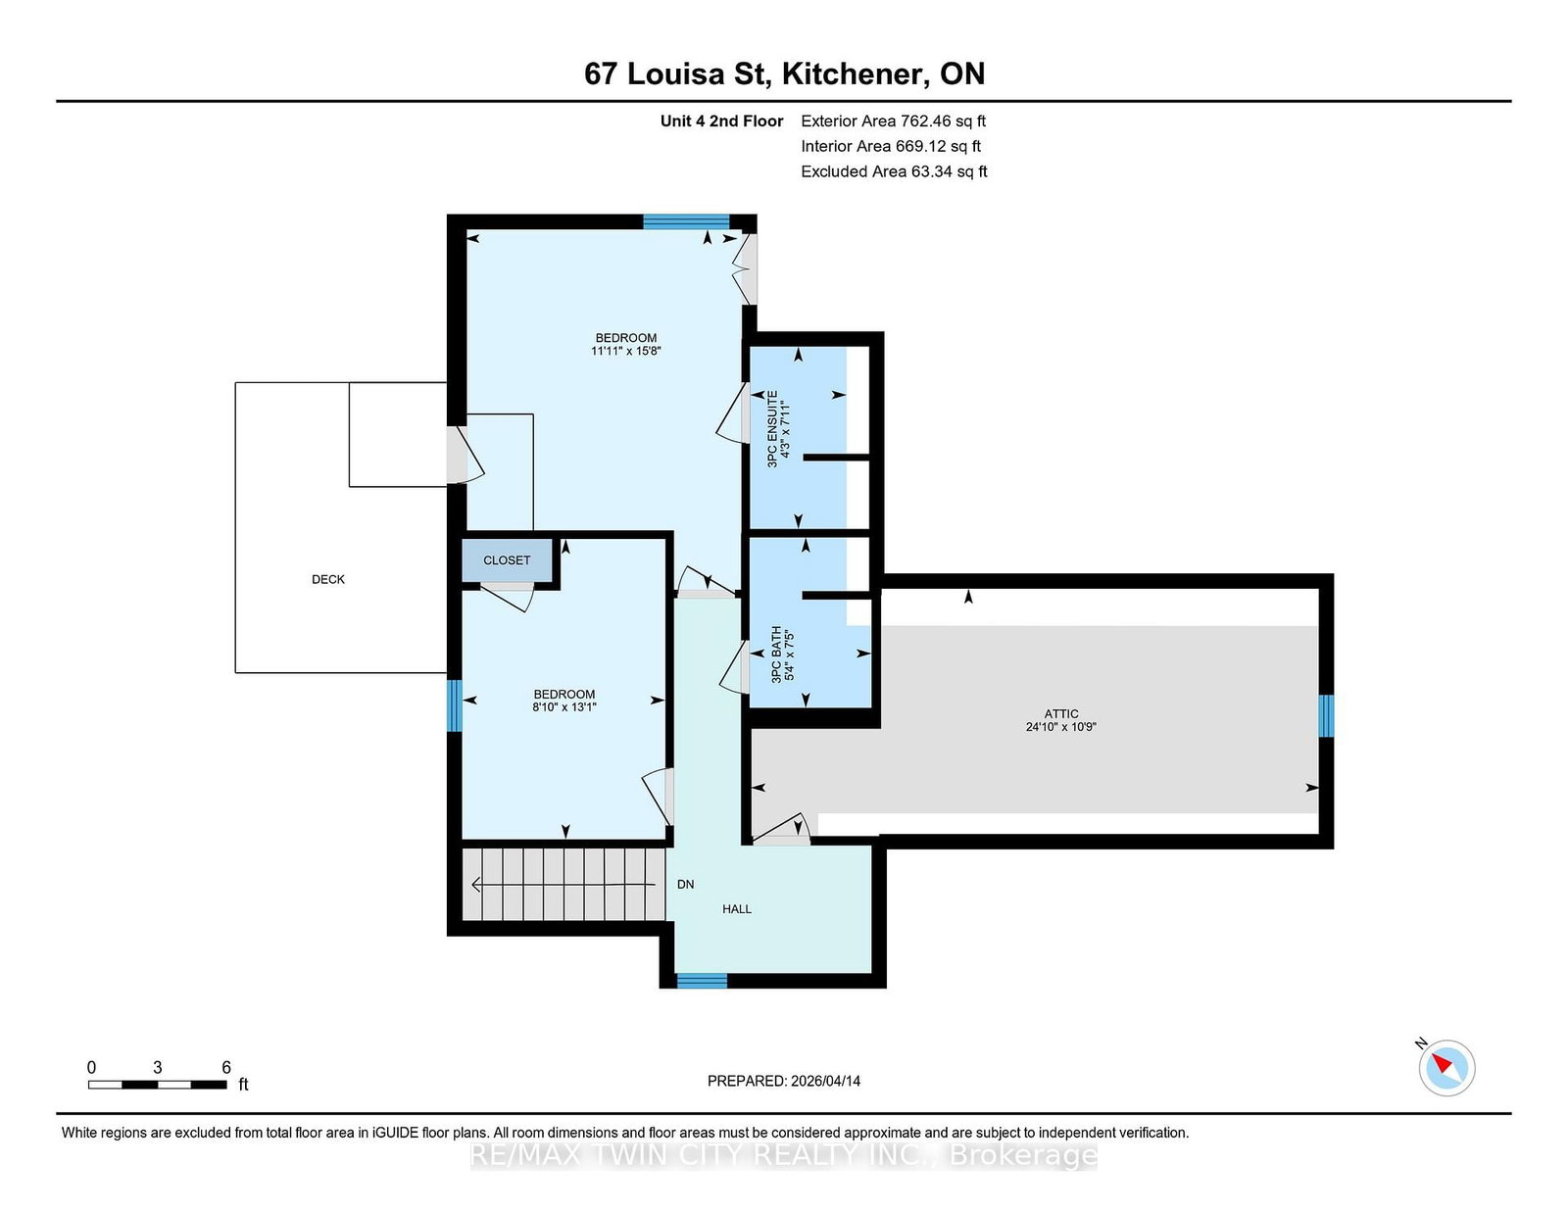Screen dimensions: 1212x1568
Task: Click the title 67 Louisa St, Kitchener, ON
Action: click(x=784, y=73)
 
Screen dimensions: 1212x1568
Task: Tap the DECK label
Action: click(x=328, y=579)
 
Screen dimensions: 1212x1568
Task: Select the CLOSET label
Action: click(x=507, y=560)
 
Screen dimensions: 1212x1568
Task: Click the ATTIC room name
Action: click(x=1060, y=714)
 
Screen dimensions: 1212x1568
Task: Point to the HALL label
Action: click(x=737, y=909)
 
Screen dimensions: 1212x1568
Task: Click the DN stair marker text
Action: click(x=685, y=884)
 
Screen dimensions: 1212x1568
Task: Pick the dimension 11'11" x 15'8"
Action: click(x=625, y=351)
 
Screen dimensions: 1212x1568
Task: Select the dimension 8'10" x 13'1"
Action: click(x=563, y=706)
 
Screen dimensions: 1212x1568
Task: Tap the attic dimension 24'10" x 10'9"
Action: click(x=1060, y=727)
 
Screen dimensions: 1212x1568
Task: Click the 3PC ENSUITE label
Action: click(x=772, y=429)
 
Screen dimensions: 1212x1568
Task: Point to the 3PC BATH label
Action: click(x=776, y=654)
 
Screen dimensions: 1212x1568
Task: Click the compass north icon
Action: click(x=1446, y=1067)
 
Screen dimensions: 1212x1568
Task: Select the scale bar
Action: click(x=158, y=1085)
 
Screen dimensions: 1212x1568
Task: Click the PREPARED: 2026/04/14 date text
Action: click(x=784, y=1081)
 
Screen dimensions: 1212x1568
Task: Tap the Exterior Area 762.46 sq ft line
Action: click(x=893, y=121)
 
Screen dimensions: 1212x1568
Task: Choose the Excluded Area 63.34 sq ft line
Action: click(x=894, y=171)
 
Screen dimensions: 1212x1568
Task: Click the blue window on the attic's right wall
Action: click(x=1326, y=715)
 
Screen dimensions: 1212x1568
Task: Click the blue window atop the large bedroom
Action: click(x=686, y=221)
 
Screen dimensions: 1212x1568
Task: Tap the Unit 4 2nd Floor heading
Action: click(x=721, y=121)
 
